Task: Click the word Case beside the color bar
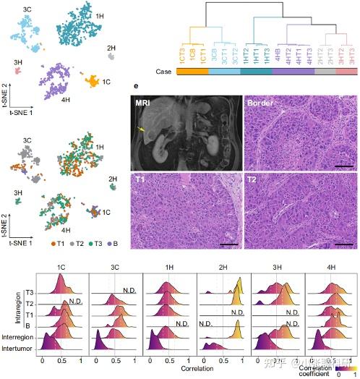click(x=163, y=71)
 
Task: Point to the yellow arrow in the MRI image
click(x=144, y=129)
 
